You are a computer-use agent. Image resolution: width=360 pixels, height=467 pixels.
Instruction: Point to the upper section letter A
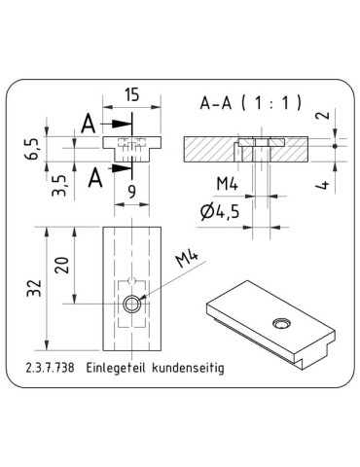click(x=90, y=125)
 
